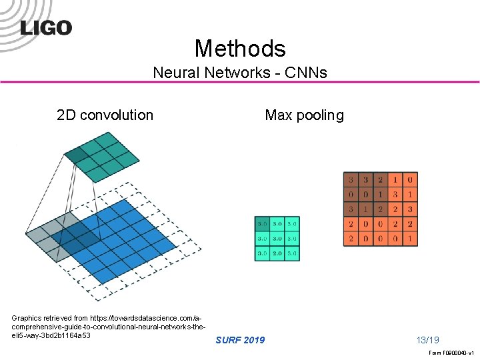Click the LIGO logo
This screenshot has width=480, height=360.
click(x=46, y=27)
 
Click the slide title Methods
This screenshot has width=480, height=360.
click(x=240, y=48)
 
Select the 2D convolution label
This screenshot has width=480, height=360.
click(x=105, y=115)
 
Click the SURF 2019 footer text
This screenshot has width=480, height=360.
click(x=240, y=340)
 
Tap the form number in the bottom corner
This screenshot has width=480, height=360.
click(x=451, y=353)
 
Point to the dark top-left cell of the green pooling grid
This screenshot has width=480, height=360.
click(x=262, y=224)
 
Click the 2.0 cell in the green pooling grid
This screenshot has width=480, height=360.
click(x=277, y=253)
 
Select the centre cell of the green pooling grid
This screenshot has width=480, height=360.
click(x=277, y=239)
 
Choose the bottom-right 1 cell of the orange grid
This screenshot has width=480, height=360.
click(x=410, y=239)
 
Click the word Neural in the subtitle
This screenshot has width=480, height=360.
click(x=173, y=73)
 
